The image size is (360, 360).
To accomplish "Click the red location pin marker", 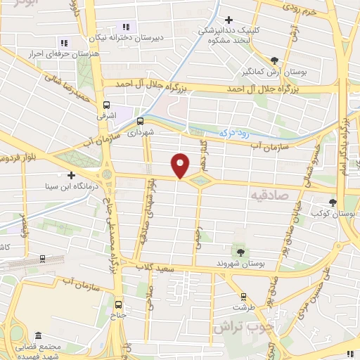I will click(181, 166).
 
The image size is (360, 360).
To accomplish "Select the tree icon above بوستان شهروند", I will click(241, 251).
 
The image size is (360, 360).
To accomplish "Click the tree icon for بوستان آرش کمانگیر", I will click(275, 60).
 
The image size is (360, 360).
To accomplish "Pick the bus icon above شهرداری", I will click(139, 120).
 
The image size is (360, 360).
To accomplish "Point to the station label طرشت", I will click(243, 307).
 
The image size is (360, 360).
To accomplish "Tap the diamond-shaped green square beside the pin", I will click(201, 181).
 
